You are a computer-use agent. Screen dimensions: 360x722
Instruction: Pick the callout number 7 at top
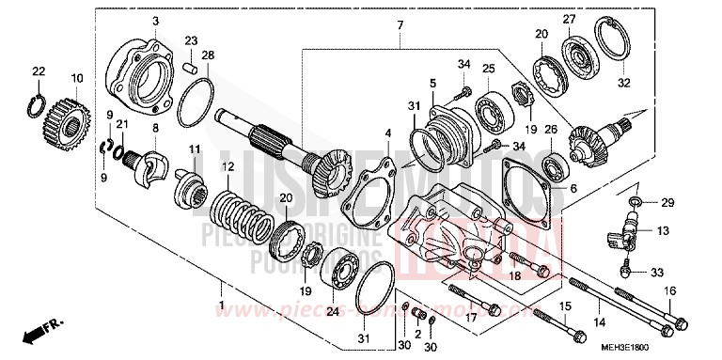[399, 23]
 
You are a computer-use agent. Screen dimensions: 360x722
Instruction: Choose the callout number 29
[667, 203]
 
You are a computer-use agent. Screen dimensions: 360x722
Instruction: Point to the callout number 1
[222, 306]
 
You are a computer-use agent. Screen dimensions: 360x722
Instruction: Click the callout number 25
[488, 69]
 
